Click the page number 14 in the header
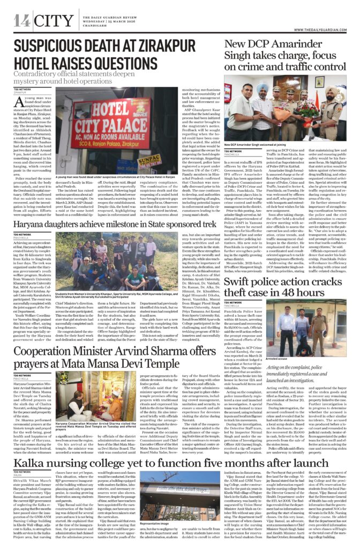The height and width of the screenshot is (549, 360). (x=21, y=21)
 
